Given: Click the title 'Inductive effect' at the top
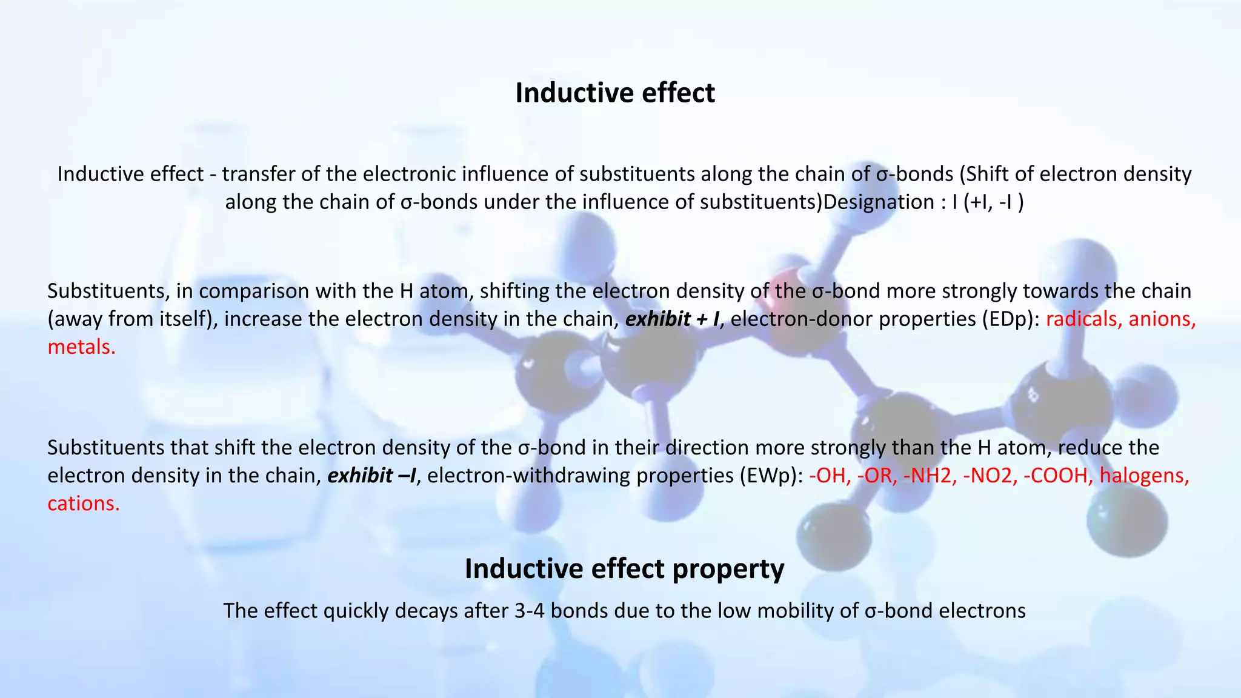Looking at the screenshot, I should point(615,93).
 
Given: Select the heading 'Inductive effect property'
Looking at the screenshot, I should point(624,569).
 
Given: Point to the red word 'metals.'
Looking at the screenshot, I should point(81,347).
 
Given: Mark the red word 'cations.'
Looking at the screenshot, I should point(84,504).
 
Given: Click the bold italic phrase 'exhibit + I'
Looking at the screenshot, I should point(671,319).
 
